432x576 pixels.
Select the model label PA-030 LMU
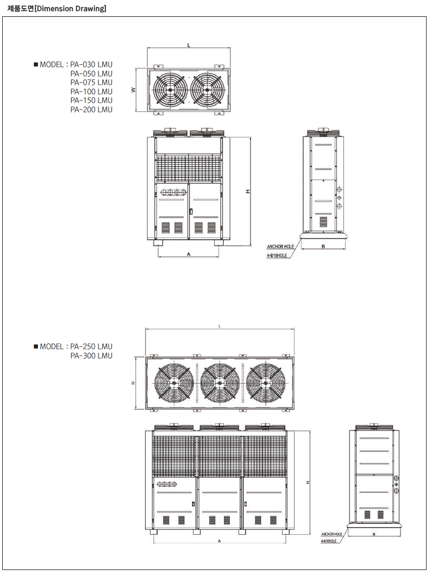pos(91,65)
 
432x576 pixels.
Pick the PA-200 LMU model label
pos(91,109)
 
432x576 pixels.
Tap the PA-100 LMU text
pos(91,91)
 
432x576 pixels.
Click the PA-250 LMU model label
pos(91,346)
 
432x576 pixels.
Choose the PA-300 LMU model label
pos(91,355)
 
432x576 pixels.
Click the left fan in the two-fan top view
pos(170,90)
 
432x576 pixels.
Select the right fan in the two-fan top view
pos(207,90)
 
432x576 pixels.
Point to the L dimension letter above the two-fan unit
pos(189,45)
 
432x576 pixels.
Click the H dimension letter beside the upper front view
pos(248,191)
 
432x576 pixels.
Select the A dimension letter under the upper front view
pos(189,254)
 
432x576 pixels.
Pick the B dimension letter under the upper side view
pos(323,246)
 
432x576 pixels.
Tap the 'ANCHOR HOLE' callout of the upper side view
pos(280,247)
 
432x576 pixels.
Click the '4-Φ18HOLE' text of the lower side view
pos(329,541)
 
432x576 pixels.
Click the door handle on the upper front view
pos(191,211)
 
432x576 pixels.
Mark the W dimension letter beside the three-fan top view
pos(133,383)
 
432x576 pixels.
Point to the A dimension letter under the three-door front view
pos(220,541)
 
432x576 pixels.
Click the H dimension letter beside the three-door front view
pos(308,483)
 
